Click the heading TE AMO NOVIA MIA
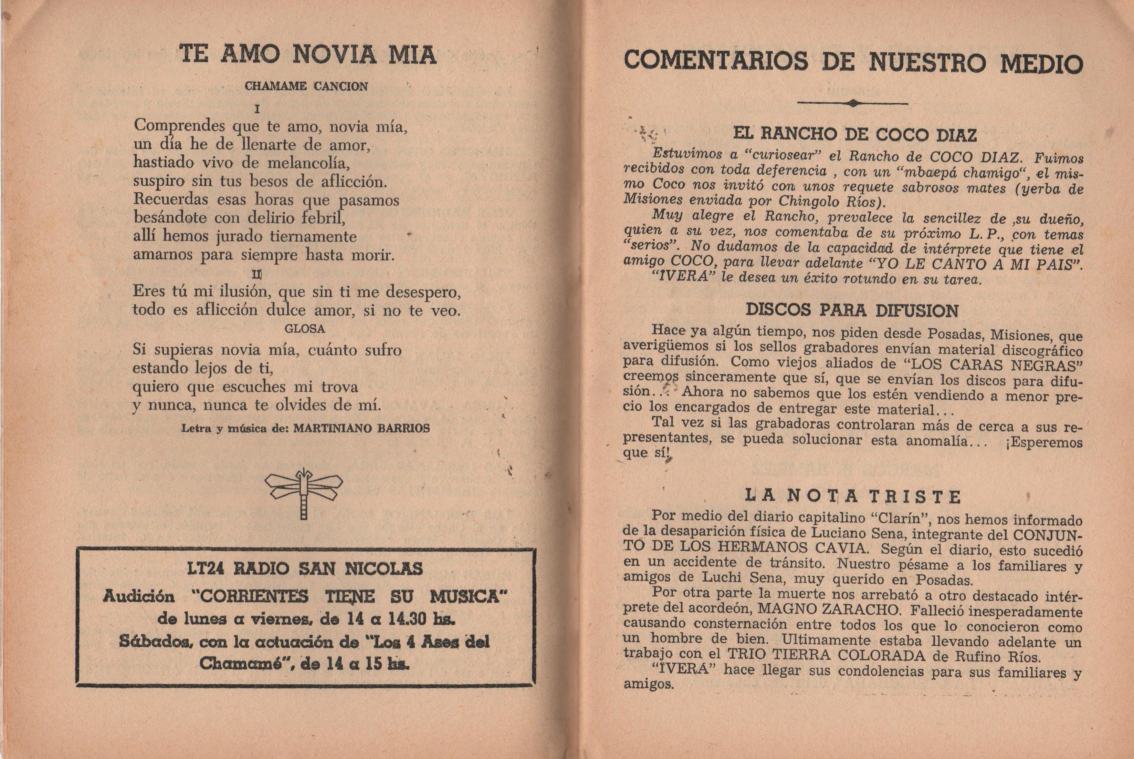308,54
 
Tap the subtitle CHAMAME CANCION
306,86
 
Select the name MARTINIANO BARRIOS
362,428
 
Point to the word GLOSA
305,329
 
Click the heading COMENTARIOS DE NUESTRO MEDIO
853,62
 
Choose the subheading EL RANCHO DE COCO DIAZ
854,134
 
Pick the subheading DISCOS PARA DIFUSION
852,310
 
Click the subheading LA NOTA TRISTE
853,496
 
